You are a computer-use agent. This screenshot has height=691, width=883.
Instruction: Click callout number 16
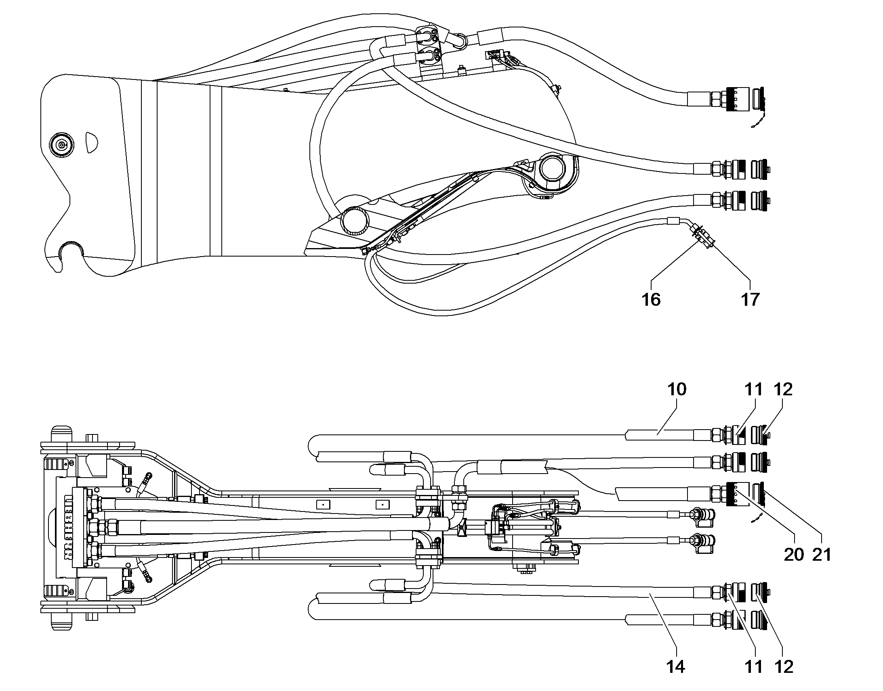651,300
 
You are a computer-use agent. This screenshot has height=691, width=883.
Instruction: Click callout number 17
750,300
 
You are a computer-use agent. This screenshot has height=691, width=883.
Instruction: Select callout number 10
677,389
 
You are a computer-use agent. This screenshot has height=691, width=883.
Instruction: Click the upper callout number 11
753,389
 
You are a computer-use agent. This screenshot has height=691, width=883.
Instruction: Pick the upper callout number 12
783,389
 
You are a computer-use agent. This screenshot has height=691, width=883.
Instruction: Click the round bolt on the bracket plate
61,144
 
